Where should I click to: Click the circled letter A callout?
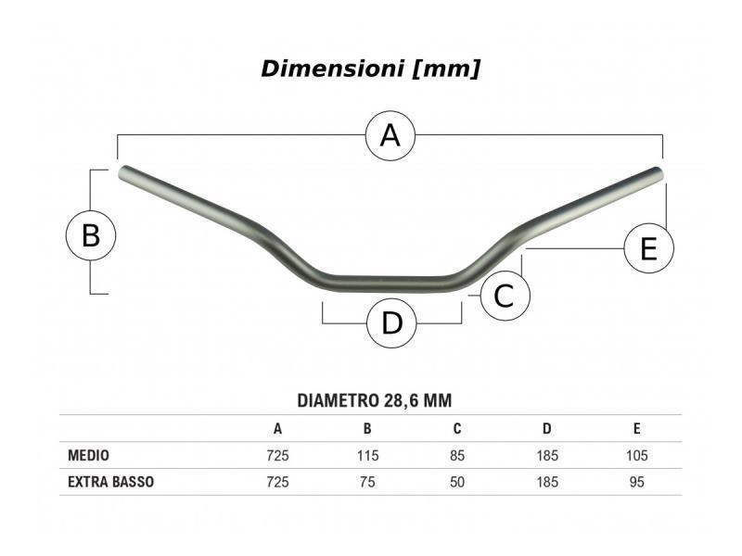click(390, 135)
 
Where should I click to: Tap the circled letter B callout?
click(90, 235)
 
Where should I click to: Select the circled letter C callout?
click(505, 296)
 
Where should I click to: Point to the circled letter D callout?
click(391, 323)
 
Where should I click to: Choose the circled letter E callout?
click(648, 248)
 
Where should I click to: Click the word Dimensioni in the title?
click(332, 69)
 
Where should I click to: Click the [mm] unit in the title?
click(446, 69)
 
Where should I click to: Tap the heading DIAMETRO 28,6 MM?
click(375, 400)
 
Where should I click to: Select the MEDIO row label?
click(88, 455)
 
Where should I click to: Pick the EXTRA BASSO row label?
click(110, 482)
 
